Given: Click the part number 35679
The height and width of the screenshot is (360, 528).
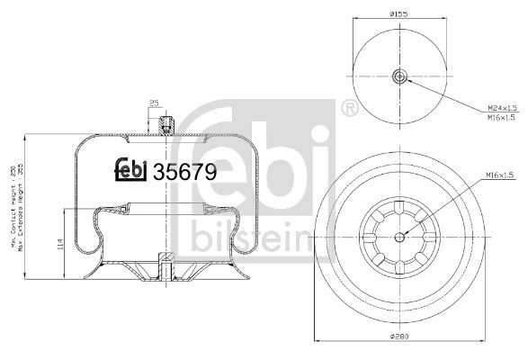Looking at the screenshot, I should point(185,171).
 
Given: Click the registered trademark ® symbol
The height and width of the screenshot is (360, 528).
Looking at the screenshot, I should point(347,109).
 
